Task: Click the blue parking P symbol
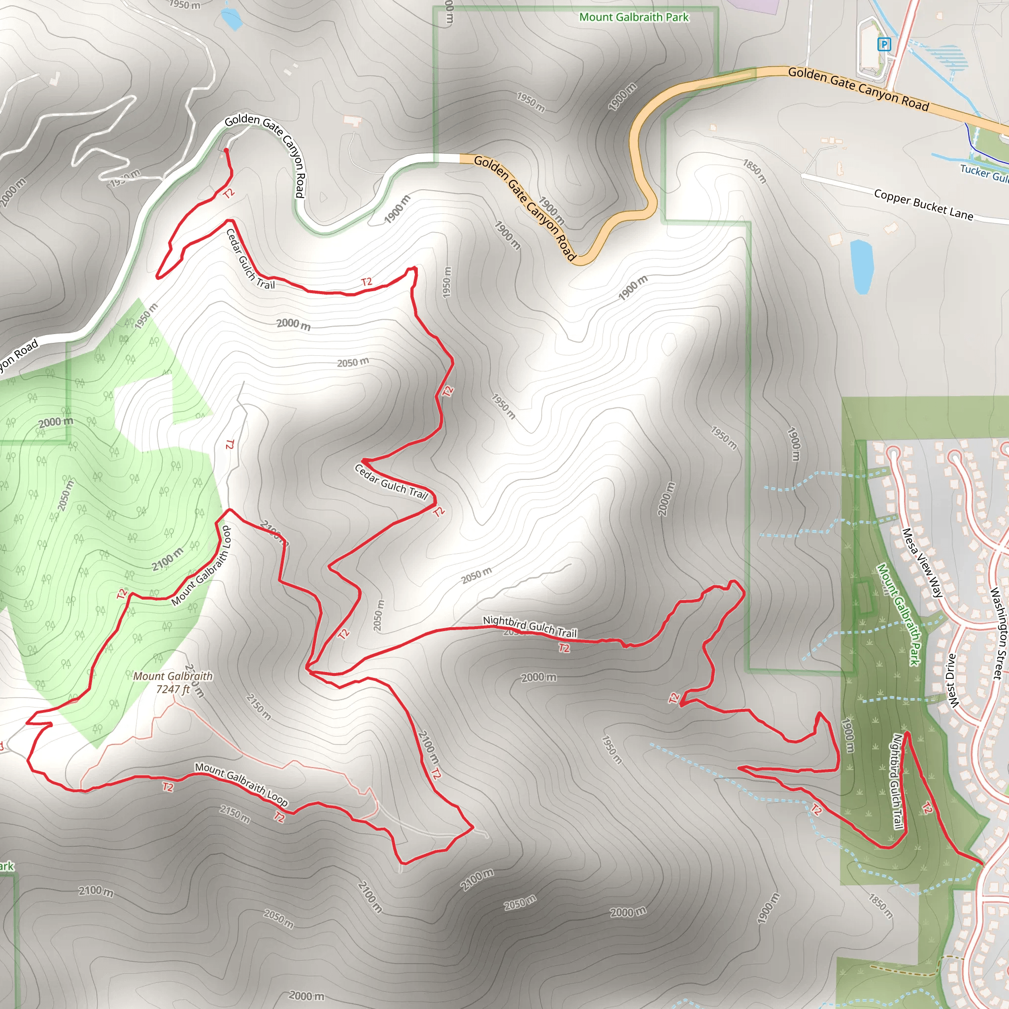point(884,44)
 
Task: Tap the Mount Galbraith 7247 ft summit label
point(173,682)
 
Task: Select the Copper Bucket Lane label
point(923,205)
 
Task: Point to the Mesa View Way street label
point(922,563)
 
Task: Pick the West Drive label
point(952,681)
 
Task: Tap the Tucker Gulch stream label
point(984,173)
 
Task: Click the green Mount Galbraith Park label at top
point(634,17)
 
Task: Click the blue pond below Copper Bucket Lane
point(861,267)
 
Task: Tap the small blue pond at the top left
point(230,19)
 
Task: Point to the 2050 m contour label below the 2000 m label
point(353,362)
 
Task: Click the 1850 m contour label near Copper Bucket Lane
point(755,171)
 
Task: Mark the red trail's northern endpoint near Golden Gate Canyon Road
point(226,151)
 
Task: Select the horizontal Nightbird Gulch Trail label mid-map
point(530,626)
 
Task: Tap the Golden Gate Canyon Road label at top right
point(858,89)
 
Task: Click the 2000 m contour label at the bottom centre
point(306,996)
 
